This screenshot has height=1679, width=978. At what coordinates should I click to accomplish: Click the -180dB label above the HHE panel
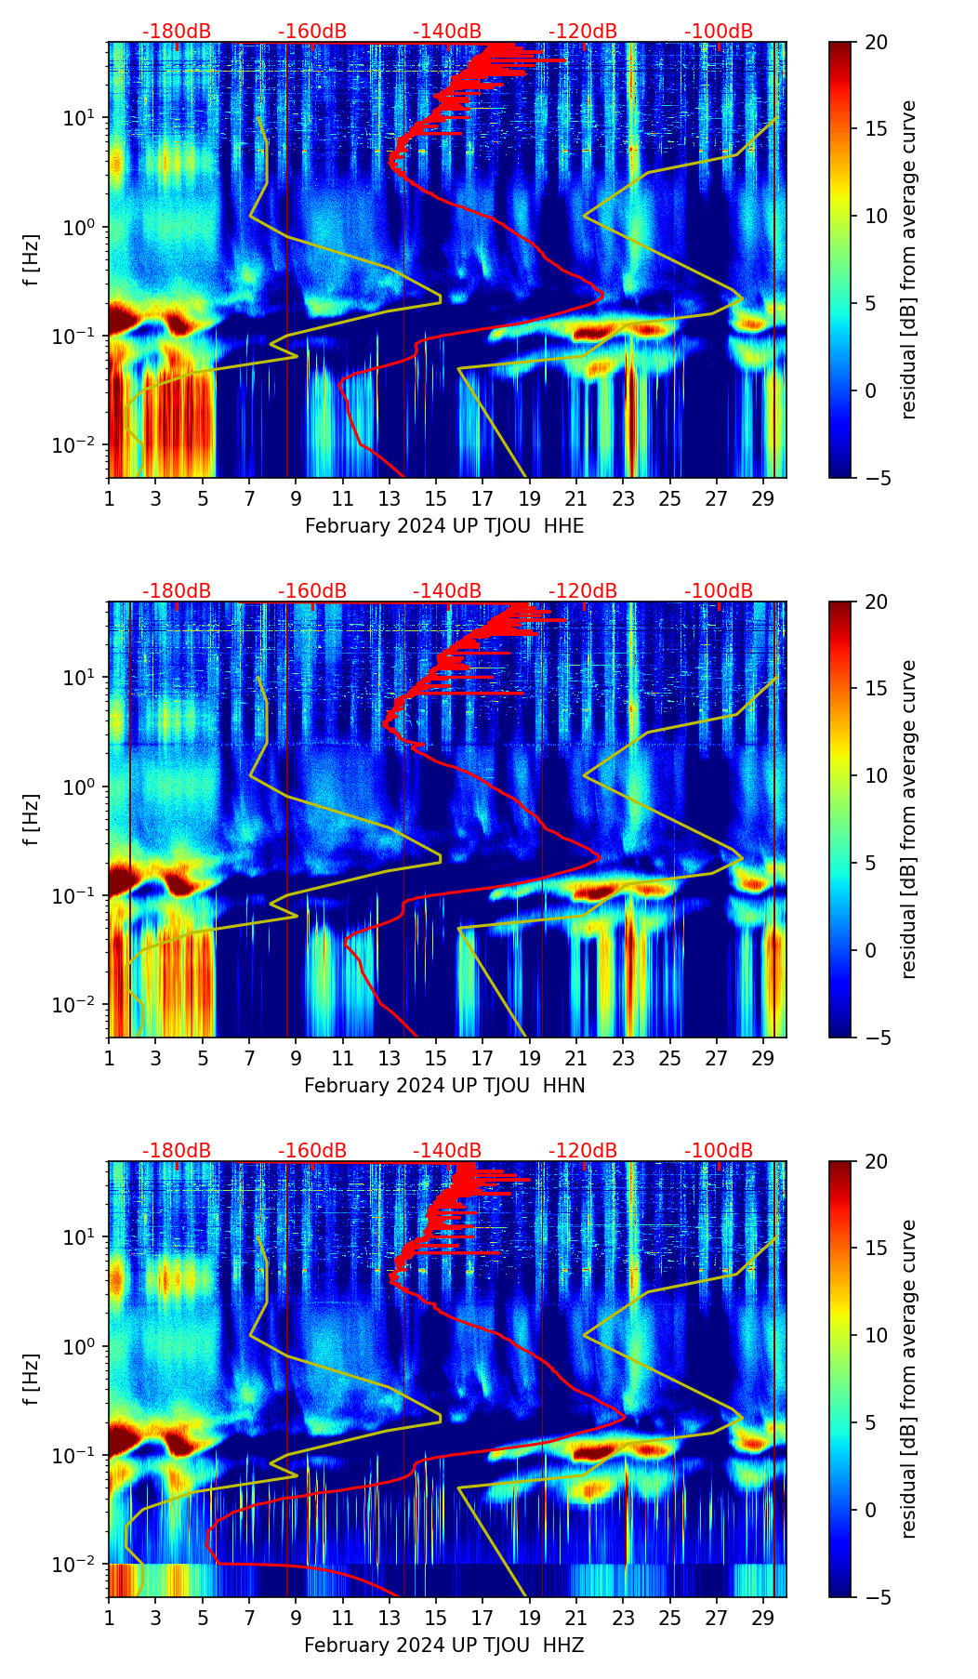coord(177,32)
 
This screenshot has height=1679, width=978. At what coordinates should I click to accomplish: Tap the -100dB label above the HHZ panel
coord(719,1151)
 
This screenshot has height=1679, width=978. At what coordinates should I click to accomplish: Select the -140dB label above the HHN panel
coord(447,591)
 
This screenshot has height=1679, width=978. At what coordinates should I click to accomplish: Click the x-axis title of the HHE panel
coord(444,526)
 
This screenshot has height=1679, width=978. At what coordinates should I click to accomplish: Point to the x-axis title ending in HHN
coord(444,1086)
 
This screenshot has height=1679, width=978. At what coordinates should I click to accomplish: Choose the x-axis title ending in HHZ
coord(444,1646)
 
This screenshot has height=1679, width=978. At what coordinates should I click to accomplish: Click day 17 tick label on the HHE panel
coord(482,498)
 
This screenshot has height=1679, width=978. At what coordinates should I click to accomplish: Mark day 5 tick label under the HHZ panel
coord(203,1618)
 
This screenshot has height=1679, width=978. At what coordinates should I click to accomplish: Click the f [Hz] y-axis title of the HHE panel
coord(33,260)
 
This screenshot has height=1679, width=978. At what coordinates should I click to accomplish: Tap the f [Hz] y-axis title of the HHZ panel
coord(33,1380)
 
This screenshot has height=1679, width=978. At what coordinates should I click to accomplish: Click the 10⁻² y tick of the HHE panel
coord(80,445)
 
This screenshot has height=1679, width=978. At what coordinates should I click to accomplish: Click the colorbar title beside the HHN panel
coord(908,819)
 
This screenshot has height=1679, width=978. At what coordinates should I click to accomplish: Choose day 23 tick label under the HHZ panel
coord(623,1618)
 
